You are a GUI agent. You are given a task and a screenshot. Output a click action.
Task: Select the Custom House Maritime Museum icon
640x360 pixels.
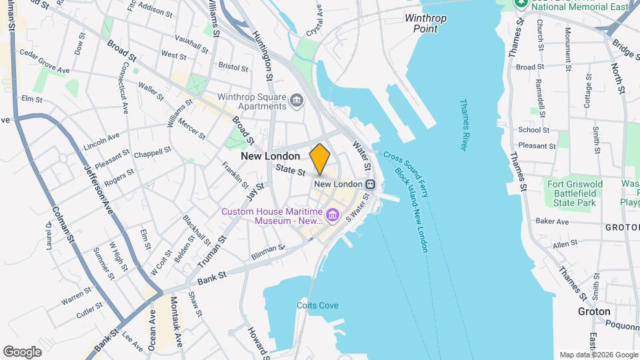[x=333, y=216]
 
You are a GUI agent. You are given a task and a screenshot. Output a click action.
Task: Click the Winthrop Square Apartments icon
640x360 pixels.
[x=297, y=101]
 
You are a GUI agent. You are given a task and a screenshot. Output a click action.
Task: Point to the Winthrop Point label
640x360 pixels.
[x=425, y=23]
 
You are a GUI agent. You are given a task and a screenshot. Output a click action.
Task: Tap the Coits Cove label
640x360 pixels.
[x=317, y=305]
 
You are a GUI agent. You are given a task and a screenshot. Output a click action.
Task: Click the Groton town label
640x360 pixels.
[x=594, y=311]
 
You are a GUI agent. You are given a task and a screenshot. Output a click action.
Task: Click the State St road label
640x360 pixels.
[x=291, y=171]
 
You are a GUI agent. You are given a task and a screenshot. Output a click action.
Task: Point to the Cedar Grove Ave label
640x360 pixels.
[x=45, y=61]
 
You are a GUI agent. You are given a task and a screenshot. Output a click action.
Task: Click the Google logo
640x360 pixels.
[x=22, y=351]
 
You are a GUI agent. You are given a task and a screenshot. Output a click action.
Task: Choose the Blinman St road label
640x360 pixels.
[x=268, y=251]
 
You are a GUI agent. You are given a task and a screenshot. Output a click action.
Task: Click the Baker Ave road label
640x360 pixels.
[x=552, y=221]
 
